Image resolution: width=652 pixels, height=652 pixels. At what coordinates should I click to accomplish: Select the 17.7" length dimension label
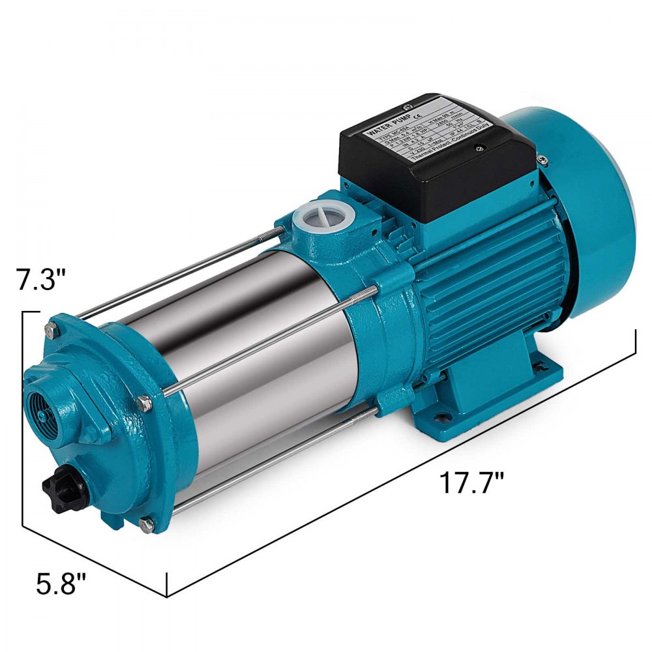click(x=471, y=484)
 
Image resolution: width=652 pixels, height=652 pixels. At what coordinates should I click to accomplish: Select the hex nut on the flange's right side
click(x=145, y=405)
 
